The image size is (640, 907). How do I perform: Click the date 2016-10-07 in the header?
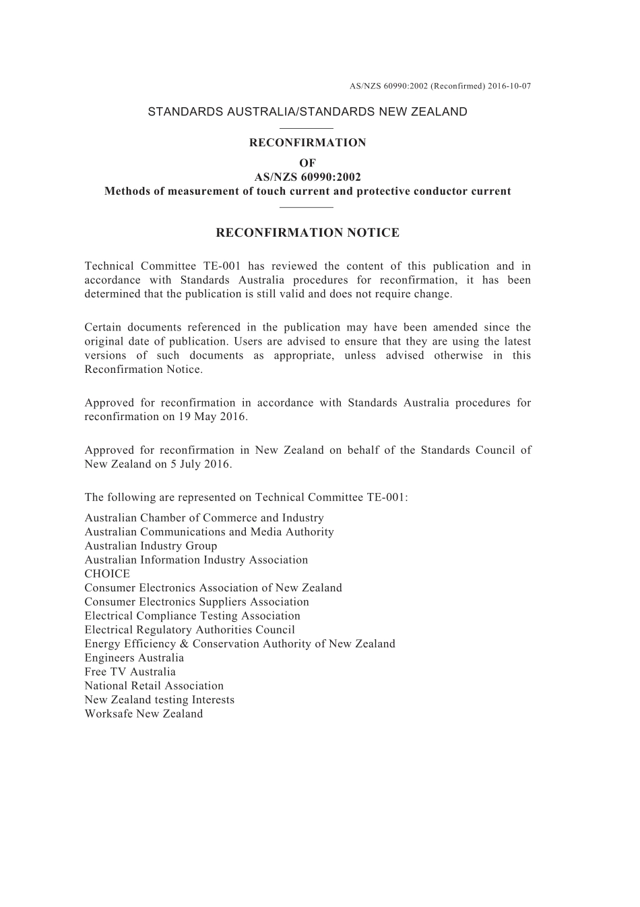click(x=510, y=86)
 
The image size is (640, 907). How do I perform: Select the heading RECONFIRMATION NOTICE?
click(x=307, y=233)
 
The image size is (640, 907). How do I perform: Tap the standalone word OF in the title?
click(x=307, y=163)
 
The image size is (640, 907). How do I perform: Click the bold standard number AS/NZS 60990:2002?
click(x=307, y=177)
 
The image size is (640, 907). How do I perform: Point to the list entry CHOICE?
click(x=107, y=574)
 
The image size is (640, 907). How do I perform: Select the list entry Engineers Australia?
click(x=134, y=657)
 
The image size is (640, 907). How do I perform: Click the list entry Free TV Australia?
click(x=130, y=672)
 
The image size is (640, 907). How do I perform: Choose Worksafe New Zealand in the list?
click(x=143, y=713)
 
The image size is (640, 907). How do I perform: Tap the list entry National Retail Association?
click(x=154, y=686)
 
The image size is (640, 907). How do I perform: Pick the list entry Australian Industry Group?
click(x=151, y=546)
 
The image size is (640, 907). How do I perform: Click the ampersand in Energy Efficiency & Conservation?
click(x=185, y=644)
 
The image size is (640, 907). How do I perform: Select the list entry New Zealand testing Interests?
click(x=159, y=700)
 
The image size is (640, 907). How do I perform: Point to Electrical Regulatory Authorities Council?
click(x=189, y=630)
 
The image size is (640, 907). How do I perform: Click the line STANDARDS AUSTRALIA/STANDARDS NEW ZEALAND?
click(x=307, y=112)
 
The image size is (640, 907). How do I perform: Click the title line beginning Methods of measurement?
click(x=307, y=192)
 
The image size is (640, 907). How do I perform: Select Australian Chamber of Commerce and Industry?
click(x=204, y=518)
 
